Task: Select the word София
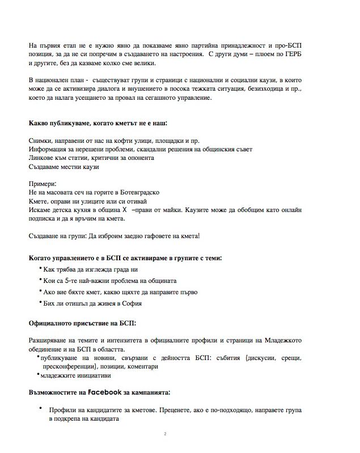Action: [x=128, y=303]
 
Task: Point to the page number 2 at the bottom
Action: [x=164, y=434]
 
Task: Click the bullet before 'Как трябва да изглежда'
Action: [x=40, y=268]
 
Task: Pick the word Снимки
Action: [x=41, y=141]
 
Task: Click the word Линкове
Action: [x=43, y=158]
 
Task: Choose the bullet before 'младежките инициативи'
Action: [x=37, y=374]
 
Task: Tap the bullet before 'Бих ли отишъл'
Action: [x=40, y=302]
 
